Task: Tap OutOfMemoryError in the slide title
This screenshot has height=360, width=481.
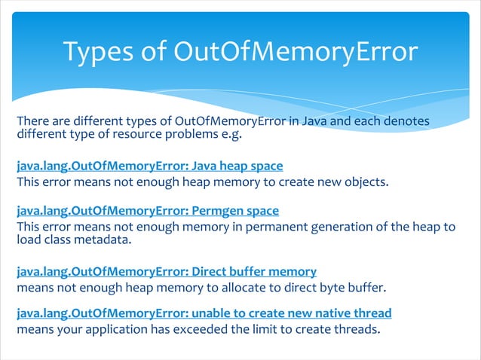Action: tap(296, 52)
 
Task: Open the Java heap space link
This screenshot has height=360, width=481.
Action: tap(150, 165)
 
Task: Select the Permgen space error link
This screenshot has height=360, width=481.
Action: tap(148, 210)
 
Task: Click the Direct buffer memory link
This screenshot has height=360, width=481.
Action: tap(167, 270)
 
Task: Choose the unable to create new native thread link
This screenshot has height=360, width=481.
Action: tap(204, 313)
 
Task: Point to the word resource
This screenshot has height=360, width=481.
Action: tap(152, 136)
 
